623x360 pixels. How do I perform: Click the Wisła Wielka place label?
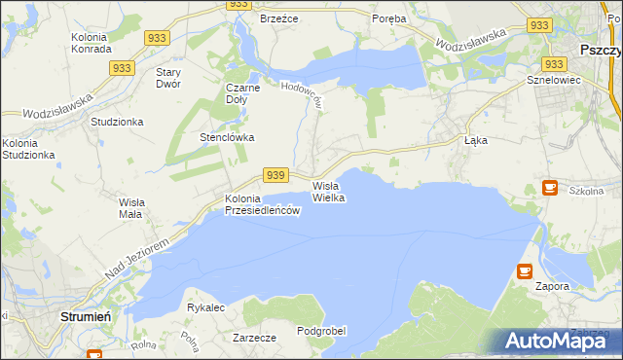328,191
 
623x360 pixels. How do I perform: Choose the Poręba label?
389,18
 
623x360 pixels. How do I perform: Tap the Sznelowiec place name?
553,80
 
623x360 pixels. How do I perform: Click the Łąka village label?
475,140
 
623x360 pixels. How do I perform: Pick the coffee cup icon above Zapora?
525,271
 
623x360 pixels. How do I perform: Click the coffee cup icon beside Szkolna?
549,187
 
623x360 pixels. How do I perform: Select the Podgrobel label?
321,331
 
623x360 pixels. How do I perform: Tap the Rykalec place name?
206,307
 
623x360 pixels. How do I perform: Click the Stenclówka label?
227,137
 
